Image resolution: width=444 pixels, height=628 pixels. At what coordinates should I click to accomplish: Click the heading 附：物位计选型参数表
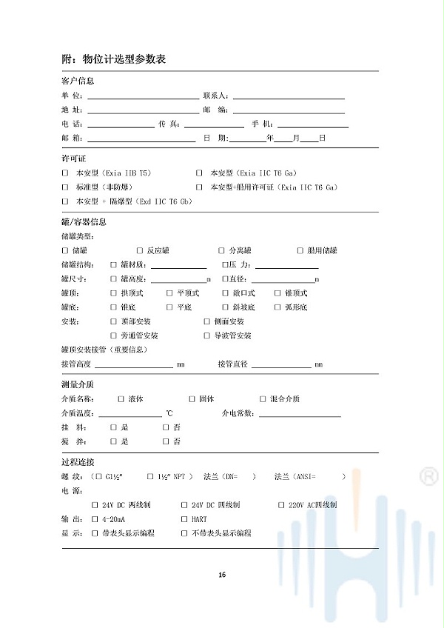click(113, 59)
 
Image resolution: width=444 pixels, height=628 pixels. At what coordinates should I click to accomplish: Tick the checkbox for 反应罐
click(139, 251)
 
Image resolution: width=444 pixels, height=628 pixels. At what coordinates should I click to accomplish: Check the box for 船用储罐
click(300, 251)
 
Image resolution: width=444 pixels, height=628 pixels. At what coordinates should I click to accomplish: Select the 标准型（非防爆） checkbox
click(65, 187)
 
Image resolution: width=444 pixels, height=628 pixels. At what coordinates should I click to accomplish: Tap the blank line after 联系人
click(289, 96)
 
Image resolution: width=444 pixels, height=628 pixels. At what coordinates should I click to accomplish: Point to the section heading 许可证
click(73, 158)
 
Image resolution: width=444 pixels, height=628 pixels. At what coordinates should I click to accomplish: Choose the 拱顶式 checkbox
click(113, 293)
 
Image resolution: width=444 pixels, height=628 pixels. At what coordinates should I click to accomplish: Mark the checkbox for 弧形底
click(277, 307)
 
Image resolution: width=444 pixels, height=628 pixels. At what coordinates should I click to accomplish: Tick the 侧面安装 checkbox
click(206, 321)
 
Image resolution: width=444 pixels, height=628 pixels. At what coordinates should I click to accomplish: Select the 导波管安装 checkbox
click(206, 335)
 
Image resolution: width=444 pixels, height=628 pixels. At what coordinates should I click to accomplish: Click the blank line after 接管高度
click(133, 364)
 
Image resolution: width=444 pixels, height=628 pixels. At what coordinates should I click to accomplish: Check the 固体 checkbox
click(192, 398)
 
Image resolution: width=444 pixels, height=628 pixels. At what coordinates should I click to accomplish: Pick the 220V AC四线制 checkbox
click(282, 505)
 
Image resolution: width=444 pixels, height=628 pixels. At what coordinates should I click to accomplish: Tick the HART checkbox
click(184, 519)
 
